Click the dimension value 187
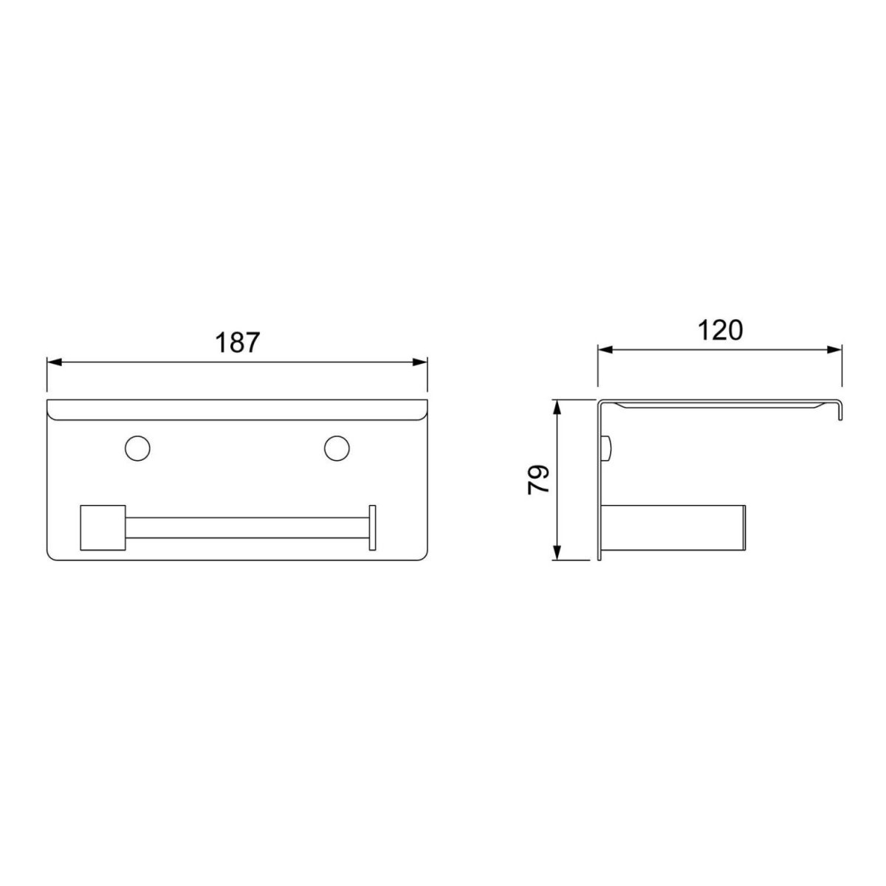pos(238,343)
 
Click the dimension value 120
pos(720,330)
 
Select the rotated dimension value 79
pos(539,480)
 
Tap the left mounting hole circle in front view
pos(137,448)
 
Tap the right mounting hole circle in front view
pos(337,448)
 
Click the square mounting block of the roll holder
pos(103,528)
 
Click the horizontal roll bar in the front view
pos(247,528)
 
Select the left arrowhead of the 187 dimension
pos(54,363)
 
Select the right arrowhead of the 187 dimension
pos(420,363)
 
